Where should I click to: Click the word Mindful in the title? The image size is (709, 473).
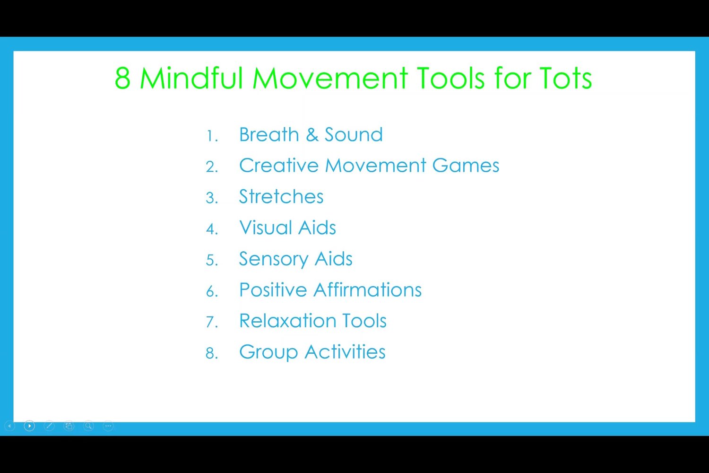tap(191, 78)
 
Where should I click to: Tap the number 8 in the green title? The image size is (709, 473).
tap(122, 78)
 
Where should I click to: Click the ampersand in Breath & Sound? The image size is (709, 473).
tap(312, 135)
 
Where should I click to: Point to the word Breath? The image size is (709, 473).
tap(269, 134)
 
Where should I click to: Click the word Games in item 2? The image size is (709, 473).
tap(466, 166)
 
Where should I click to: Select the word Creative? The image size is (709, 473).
tap(278, 166)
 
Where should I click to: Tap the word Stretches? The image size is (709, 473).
tap(281, 196)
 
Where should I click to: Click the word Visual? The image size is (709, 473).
tap(266, 228)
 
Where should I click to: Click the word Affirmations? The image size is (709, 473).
tap(367, 289)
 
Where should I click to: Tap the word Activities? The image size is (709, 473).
tap(345, 351)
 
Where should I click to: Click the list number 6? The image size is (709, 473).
tap(212, 291)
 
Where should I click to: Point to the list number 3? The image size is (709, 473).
tap(212, 198)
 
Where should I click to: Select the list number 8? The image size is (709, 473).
tap(212, 353)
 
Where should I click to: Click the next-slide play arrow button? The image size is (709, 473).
tap(29, 426)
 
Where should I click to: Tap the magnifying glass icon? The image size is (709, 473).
tap(89, 426)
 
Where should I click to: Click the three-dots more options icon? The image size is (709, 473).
tap(108, 426)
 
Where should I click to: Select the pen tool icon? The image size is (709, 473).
tap(49, 426)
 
